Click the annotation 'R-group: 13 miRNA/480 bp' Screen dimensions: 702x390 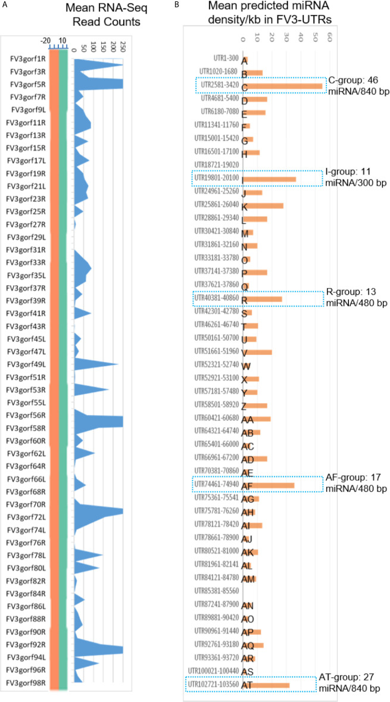pyautogui.click(x=355, y=298)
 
